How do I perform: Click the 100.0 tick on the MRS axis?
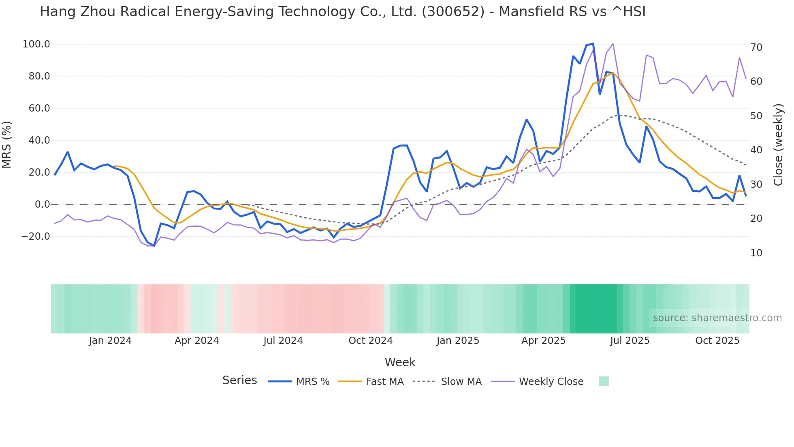[x=36, y=44]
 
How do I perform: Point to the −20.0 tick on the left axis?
[x=36, y=236]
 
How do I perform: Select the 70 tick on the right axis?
[x=756, y=47]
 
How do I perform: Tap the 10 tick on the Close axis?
[x=756, y=253]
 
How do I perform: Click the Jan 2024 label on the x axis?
[x=110, y=341]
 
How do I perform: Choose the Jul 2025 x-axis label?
[x=630, y=341]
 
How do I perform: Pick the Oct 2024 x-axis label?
[x=370, y=341]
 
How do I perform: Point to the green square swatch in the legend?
[x=604, y=381]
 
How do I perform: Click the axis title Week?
[x=400, y=362]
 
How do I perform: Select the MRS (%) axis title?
[x=7, y=144]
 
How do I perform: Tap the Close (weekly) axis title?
[x=778, y=145]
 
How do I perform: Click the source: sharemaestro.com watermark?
[x=717, y=318]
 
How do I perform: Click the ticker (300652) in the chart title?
[x=453, y=12]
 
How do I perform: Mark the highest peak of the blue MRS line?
[x=593, y=43]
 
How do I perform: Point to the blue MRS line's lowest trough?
[x=154, y=246]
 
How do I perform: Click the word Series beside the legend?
[x=239, y=380]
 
